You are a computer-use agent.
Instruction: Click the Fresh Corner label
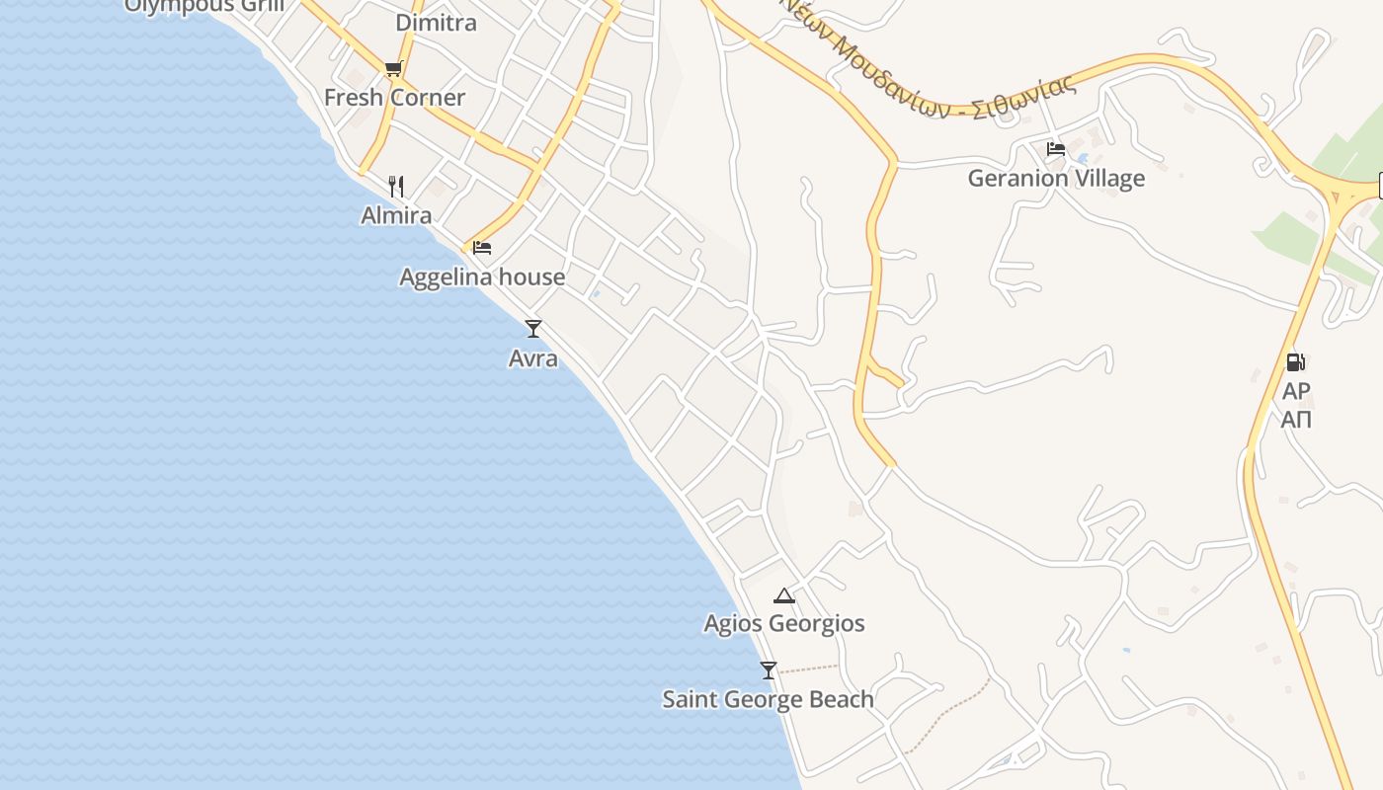[x=394, y=98]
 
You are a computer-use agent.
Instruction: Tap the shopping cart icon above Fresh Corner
[x=394, y=68]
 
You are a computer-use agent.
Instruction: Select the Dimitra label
[x=436, y=22]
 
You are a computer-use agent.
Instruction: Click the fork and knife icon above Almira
[x=396, y=186]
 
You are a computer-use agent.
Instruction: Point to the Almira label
[x=396, y=215]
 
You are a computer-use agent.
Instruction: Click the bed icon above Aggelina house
[x=482, y=247]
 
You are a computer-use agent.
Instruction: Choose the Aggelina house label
[x=482, y=277]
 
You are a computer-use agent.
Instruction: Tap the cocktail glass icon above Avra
[x=533, y=328]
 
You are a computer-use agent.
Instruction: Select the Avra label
[x=533, y=357]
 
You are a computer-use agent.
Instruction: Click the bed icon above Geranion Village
[x=1056, y=149]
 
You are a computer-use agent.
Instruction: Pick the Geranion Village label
[x=1056, y=179]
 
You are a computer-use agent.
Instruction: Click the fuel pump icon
[x=1296, y=362]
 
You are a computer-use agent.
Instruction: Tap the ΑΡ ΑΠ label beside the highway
[x=1296, y=405]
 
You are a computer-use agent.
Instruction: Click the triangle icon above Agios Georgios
[x=784, y=594]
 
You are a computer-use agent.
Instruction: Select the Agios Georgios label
[x=784, y=624]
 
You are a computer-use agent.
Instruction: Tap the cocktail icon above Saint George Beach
[x=769, y=670]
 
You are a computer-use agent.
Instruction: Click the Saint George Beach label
[x=768, y=699]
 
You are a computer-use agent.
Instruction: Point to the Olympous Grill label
[x=204, y=6]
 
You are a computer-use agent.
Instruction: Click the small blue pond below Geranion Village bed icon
[x=1084, y=158]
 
